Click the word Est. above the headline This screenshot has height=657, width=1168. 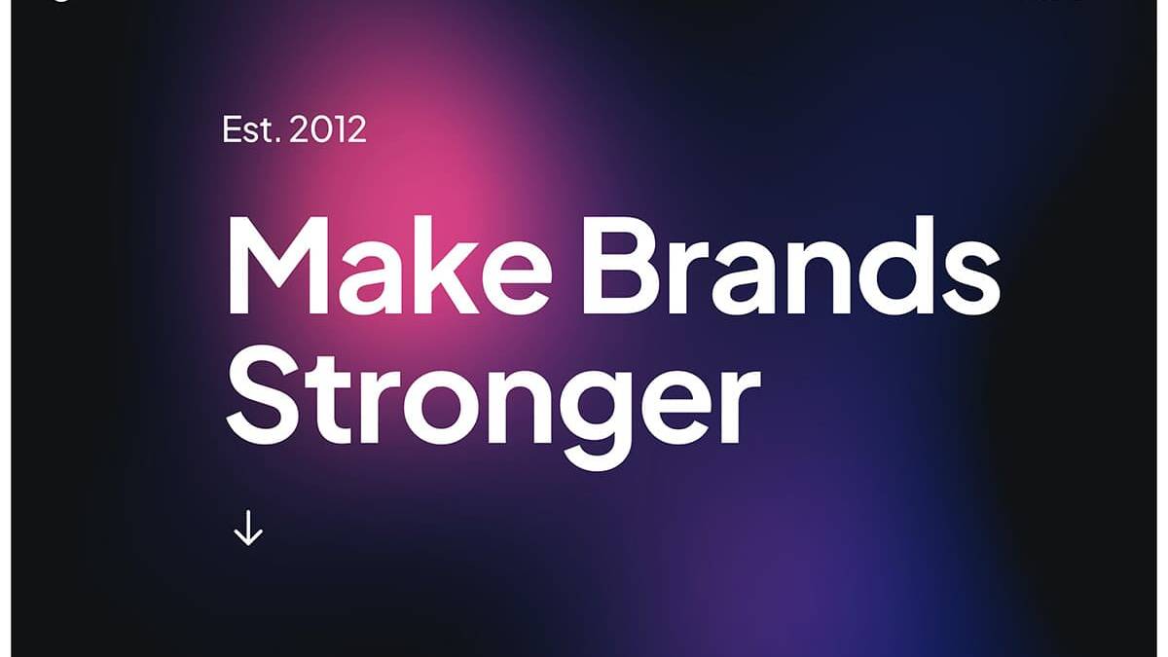251,128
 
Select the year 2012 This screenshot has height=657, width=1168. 328,128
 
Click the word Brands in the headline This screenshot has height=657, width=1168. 791,265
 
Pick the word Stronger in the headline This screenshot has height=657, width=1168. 493,407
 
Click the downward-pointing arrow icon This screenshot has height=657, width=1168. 248,528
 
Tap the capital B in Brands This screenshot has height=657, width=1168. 618,265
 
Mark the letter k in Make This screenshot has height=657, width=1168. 442,265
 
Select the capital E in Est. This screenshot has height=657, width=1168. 231,129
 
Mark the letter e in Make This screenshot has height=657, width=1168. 517,276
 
